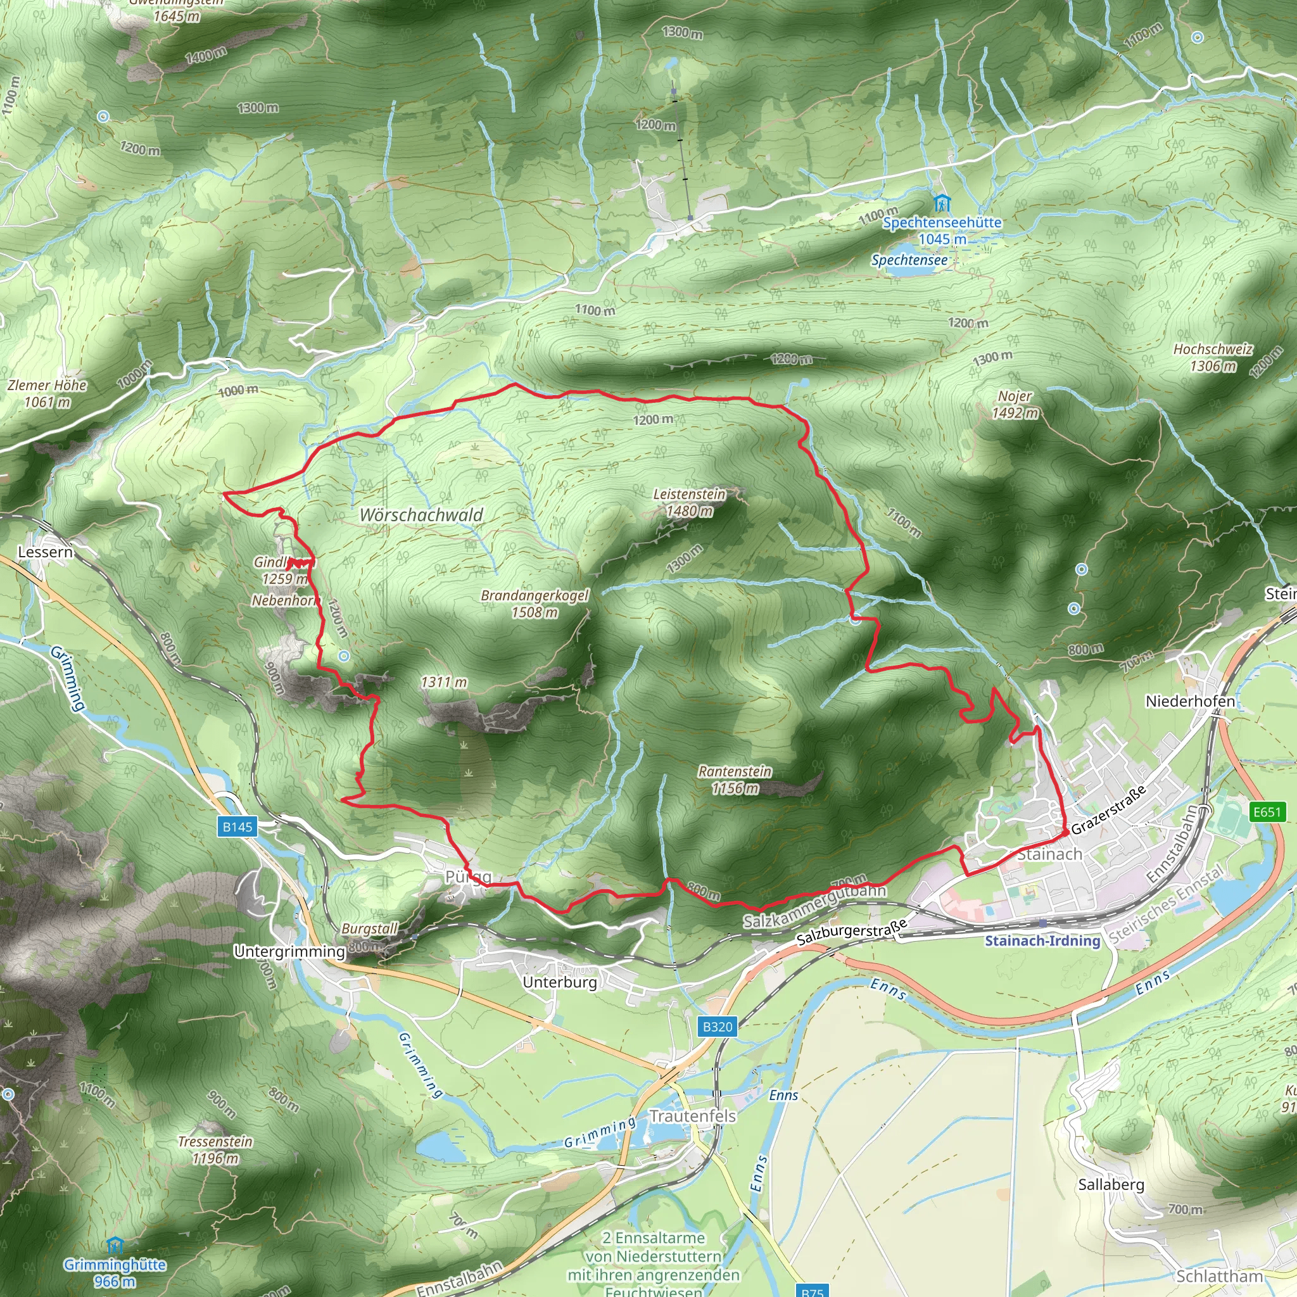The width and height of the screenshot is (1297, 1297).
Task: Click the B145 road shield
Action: (237, 826)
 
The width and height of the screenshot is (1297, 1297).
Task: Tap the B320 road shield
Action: (718, 1027)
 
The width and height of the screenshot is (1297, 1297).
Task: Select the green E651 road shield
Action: (1267, 812)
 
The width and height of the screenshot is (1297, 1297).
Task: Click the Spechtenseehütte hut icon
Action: (942, 203)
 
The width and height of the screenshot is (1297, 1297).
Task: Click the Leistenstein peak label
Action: (690, 495)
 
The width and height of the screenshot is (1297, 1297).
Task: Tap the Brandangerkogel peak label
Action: (535, 596)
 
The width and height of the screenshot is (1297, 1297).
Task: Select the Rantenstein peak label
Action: (735, 772)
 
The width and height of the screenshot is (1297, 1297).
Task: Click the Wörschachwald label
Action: (422, 515)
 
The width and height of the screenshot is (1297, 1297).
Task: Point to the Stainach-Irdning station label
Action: (1042, 940)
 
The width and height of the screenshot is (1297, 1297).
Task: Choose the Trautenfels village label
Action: (693, 1116)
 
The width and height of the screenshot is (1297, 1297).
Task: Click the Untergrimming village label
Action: (289, 951)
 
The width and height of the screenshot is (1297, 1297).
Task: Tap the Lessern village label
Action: (45, 552)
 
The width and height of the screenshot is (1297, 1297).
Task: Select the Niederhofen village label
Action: (1190, 701)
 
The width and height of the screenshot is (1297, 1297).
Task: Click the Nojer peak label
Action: (1015, 396)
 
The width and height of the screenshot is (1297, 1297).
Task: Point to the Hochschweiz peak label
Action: (1213, 349)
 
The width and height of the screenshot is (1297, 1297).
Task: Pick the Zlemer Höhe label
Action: (47, 385)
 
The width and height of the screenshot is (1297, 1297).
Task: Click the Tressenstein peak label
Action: (215, 1142)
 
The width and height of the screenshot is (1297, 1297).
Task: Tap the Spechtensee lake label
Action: (909, 260)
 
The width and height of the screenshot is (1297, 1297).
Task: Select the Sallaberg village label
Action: (1111, 1185)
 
